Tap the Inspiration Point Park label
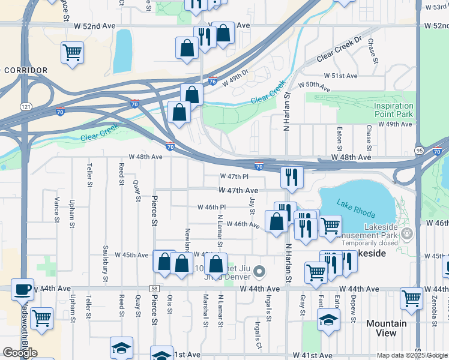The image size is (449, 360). (394, 110)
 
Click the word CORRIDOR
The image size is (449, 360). (25, 70)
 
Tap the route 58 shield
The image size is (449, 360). (154, 289)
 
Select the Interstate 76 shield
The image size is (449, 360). (213, 82)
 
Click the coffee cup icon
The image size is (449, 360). (22, 289)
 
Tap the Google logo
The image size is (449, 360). (20, 353)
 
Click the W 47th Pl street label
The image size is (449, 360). (234, 176)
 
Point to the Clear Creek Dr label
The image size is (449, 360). (340, 56)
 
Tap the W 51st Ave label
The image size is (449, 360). (340, 76)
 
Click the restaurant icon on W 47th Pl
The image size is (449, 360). (292, 178)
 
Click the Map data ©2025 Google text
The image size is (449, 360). (412, 355)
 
